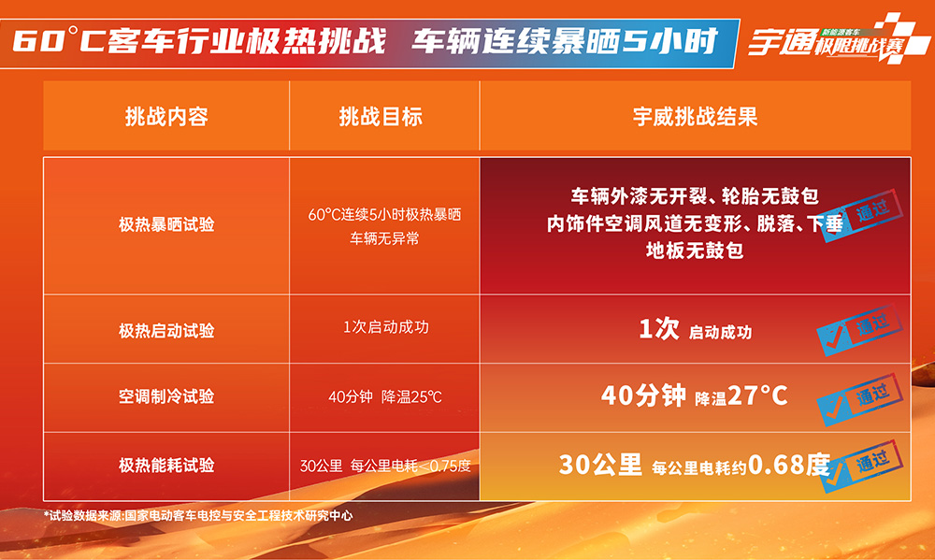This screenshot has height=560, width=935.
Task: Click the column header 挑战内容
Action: pyautogui.click(x=166, y=116)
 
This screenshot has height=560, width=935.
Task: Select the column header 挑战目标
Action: pyautogui.click(x=381, y=116)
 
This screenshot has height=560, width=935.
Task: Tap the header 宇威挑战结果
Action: pyautogui.click(x=696, y=116)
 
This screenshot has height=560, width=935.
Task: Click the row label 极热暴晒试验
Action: pyautogui.click(x=166, y=224)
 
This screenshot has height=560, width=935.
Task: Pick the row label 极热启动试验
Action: pyautogui.click(x=166, y=330)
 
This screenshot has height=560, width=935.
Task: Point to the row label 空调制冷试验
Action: pyautogui.click(x=166, y=396)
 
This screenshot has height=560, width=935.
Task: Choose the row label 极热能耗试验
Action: pyautogui.click(x=166, y=466)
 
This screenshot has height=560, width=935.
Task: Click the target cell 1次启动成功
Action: pyautogui.click(x=386, y=327)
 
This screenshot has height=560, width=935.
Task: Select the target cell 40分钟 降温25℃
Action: pyautogui.click(x=385, y=396)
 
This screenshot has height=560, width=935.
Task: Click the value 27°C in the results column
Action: pyautogui.click(x=758, y=395)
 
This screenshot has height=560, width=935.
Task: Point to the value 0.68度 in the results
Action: pyautogui.click(x=789, y=464)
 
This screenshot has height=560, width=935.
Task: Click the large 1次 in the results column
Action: pyautogui.click(x=659, y=328)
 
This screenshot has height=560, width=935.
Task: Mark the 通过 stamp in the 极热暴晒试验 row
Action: pyautogui.click(x=862, y=215)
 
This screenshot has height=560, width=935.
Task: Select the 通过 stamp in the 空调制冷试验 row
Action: pyautogui.click(x=860, y=398)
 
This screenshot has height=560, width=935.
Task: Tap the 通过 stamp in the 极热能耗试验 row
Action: pyautogui.click(x=862, y=466)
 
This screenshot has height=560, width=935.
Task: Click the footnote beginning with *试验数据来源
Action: pyautogui.click(x=198, y=515)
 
